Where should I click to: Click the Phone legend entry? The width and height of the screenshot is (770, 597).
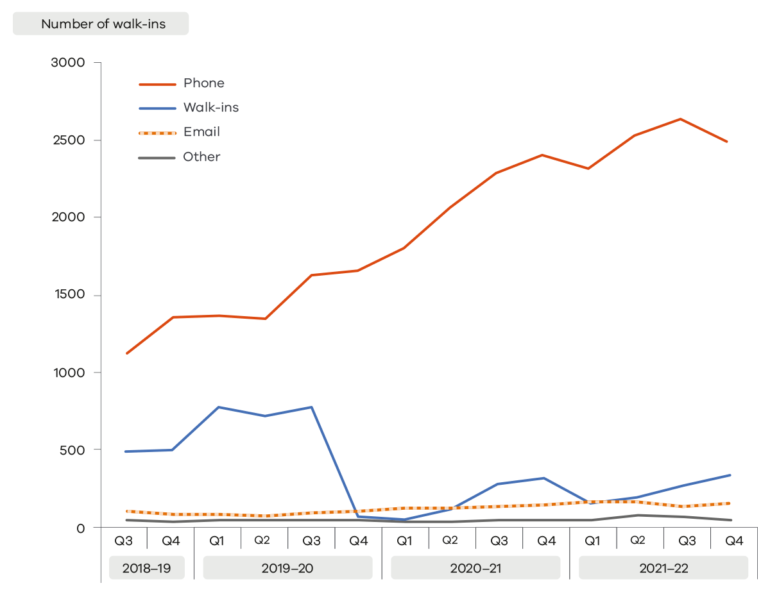coord(203,83)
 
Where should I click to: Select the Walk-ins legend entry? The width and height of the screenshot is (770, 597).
coord(210,108)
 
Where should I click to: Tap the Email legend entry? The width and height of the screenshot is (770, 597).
coord(201,132)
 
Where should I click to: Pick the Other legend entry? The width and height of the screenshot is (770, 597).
coord(201,157)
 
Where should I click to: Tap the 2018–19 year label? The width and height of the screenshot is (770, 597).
coord(147,568)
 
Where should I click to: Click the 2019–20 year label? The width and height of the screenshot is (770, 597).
coord(287,568)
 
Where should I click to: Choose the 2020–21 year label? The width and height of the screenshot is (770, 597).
coord(475,568)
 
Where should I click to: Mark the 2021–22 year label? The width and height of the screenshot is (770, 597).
coord(663,568)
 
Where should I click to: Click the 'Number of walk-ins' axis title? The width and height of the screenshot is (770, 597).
coord(103,24)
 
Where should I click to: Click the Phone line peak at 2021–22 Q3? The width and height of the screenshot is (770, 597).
coord(680,119)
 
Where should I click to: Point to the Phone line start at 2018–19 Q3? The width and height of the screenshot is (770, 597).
coord(127,353)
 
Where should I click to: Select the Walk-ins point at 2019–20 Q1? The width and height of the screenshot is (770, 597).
coord(219,407)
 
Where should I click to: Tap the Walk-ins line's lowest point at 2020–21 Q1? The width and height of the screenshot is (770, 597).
coord(404,519)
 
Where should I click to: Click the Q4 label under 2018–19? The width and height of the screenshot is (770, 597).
coord(171,541)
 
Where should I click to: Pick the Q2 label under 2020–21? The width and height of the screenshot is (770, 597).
coord(450,541)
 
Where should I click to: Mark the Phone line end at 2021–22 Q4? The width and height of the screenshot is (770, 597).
coord(727,142)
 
